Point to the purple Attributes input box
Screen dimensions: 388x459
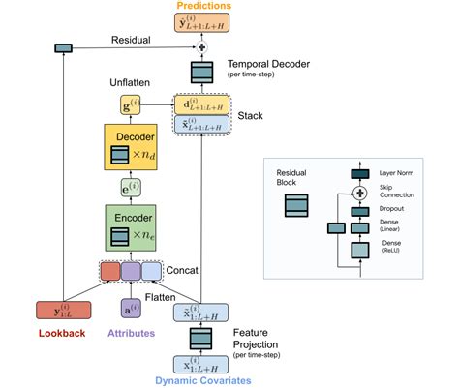[x=132, y=310]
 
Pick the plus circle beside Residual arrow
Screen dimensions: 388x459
[x=202, y=47]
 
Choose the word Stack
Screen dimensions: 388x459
[x=251, y=114]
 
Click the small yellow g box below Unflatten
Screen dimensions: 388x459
[x=131, y=104]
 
